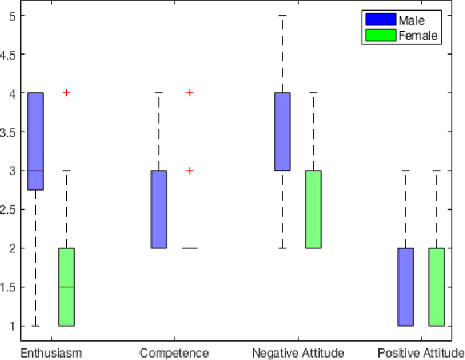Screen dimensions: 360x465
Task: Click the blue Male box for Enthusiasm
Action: pyautogui.click(x=35, y=141)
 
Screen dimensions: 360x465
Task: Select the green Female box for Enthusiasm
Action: pyautogui.click(x=66, y=287)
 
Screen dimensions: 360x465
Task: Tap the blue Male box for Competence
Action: pyautogui.click(x=158, y=209)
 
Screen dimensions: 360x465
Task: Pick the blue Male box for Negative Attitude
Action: pyautogui.click(x=282, y=131)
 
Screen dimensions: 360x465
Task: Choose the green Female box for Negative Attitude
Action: pyautogui.click(x=313, y=209)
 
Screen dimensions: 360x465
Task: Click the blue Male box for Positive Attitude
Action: pyautogui.click(x=405, y=287)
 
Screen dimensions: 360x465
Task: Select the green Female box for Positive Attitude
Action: pyautogui.click(x=436, y=287)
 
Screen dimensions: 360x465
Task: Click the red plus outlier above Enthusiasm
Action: pyautogui.click(x=66, y=93)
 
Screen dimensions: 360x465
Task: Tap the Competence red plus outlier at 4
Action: pyautogui.click(x=190, y=93)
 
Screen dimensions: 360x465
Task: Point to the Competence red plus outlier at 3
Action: pyautogui.click(x=190, y=170)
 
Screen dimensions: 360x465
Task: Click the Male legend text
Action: pyautogui.click(x=411, y=20)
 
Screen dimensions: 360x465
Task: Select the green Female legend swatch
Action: pyautogui.click(x=380, y=35)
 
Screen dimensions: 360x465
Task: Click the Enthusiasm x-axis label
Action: pyautogui.click(x=51, y=352)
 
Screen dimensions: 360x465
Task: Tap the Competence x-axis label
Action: pyautogui.click(x=174, y=352)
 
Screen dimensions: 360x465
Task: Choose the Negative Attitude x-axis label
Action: pyautogui.click(x=297, y=352)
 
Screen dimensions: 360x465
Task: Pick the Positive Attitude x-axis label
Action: pyautogui.click(x=420, y=352)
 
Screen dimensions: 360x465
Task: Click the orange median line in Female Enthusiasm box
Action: pyautogui.click(x=66, y=287)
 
